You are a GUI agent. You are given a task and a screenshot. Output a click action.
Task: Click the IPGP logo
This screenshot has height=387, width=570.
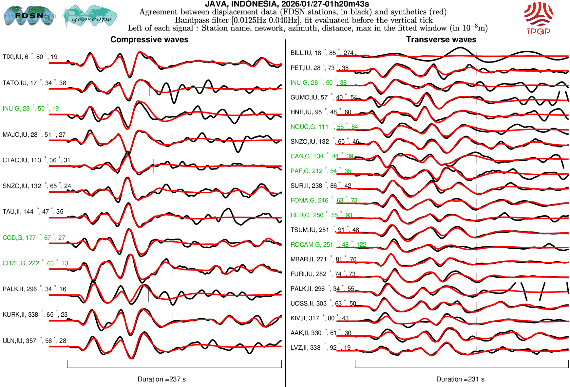point(538,18)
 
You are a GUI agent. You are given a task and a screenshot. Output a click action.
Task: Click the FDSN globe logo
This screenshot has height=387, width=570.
point(29,15)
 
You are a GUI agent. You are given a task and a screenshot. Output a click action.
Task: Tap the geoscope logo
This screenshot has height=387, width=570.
point(91,16)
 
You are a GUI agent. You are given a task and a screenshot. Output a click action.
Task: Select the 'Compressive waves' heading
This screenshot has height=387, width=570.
point(149,40)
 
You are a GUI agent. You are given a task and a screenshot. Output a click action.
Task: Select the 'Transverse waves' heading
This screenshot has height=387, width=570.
point(441,40)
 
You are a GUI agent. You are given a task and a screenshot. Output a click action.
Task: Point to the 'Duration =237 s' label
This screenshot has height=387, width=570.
point(161,379)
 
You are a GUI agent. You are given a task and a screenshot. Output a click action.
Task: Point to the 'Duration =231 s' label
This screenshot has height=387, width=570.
point(460,379)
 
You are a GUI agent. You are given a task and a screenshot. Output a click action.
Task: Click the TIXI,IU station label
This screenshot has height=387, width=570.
point(30,57)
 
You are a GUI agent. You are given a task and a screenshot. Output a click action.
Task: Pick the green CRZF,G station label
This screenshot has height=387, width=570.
point(35,263)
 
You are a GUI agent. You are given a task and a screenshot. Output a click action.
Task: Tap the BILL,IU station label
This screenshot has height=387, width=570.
point(322,53)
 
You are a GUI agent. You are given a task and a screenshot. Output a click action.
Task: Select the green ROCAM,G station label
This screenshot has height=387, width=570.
point(328,245)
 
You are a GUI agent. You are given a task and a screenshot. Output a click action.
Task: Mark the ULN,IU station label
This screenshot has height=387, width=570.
point(34,341)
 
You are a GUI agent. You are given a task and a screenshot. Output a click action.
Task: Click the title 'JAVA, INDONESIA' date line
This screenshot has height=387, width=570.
point(287,4)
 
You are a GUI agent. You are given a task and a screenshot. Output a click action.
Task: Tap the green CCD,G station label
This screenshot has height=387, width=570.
point(34,238)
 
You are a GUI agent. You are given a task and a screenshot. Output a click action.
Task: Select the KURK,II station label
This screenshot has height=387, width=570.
point(35,315)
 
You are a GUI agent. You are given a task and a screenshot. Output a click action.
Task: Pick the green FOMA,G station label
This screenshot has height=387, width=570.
point(324,201)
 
